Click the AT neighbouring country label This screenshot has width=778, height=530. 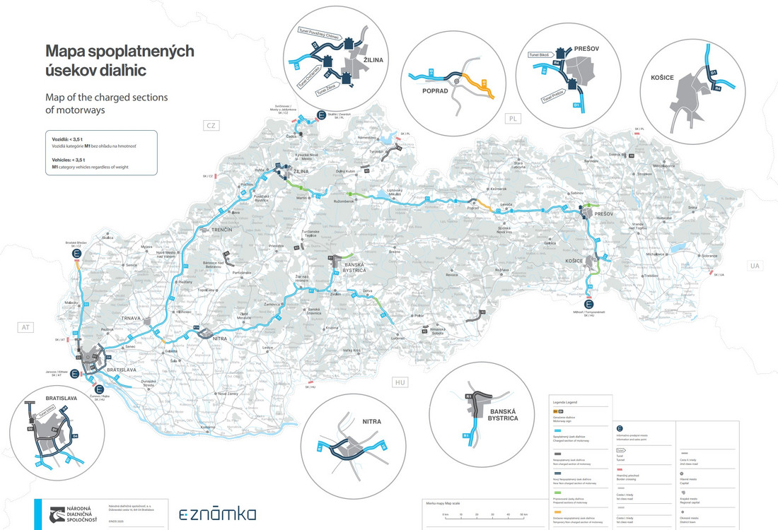(x=26, y=327)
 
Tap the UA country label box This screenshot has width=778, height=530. (x=754, y=266)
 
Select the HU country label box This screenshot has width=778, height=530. (x=400, y=382)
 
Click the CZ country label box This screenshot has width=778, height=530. (x=209, y=126)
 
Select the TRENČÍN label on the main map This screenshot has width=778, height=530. (x=223, y=230)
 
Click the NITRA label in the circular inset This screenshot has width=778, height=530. (x=371, y=422)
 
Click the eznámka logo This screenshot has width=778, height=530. (x=217, y=514)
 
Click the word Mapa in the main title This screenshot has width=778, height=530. (x=69, y=51)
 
